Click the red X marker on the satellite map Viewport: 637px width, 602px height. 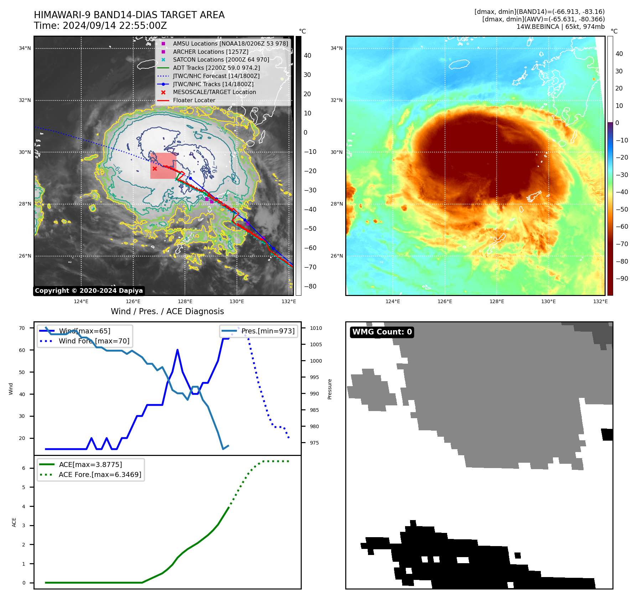pos(155,168)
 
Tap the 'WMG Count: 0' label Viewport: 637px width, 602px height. pos(382,332)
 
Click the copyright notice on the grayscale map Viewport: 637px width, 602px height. pos(89,291)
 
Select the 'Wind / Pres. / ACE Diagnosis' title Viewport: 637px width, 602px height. pos(167,312)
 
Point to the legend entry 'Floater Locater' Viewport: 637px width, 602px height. pos(194,100)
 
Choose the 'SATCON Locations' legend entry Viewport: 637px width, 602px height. pos(221,60)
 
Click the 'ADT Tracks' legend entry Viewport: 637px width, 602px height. pos(216,68)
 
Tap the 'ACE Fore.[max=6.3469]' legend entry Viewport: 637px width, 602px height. pos(100,475)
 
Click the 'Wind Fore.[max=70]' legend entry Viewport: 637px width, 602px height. pos(94,341)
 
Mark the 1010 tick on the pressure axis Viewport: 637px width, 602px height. pos(316,328)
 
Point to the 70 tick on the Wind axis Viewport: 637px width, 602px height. pos(22,328)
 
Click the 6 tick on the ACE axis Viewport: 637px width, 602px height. pos(24,468)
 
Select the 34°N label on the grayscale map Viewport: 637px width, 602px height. pos(25,48)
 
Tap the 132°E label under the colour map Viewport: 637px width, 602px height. pos(600,302)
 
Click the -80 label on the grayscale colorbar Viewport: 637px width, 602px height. pos(310,286)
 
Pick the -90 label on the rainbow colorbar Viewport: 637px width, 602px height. pos(622,279)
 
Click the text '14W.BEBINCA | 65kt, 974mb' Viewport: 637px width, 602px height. pos(560,27)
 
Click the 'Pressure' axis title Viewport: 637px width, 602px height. pos(330,389)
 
